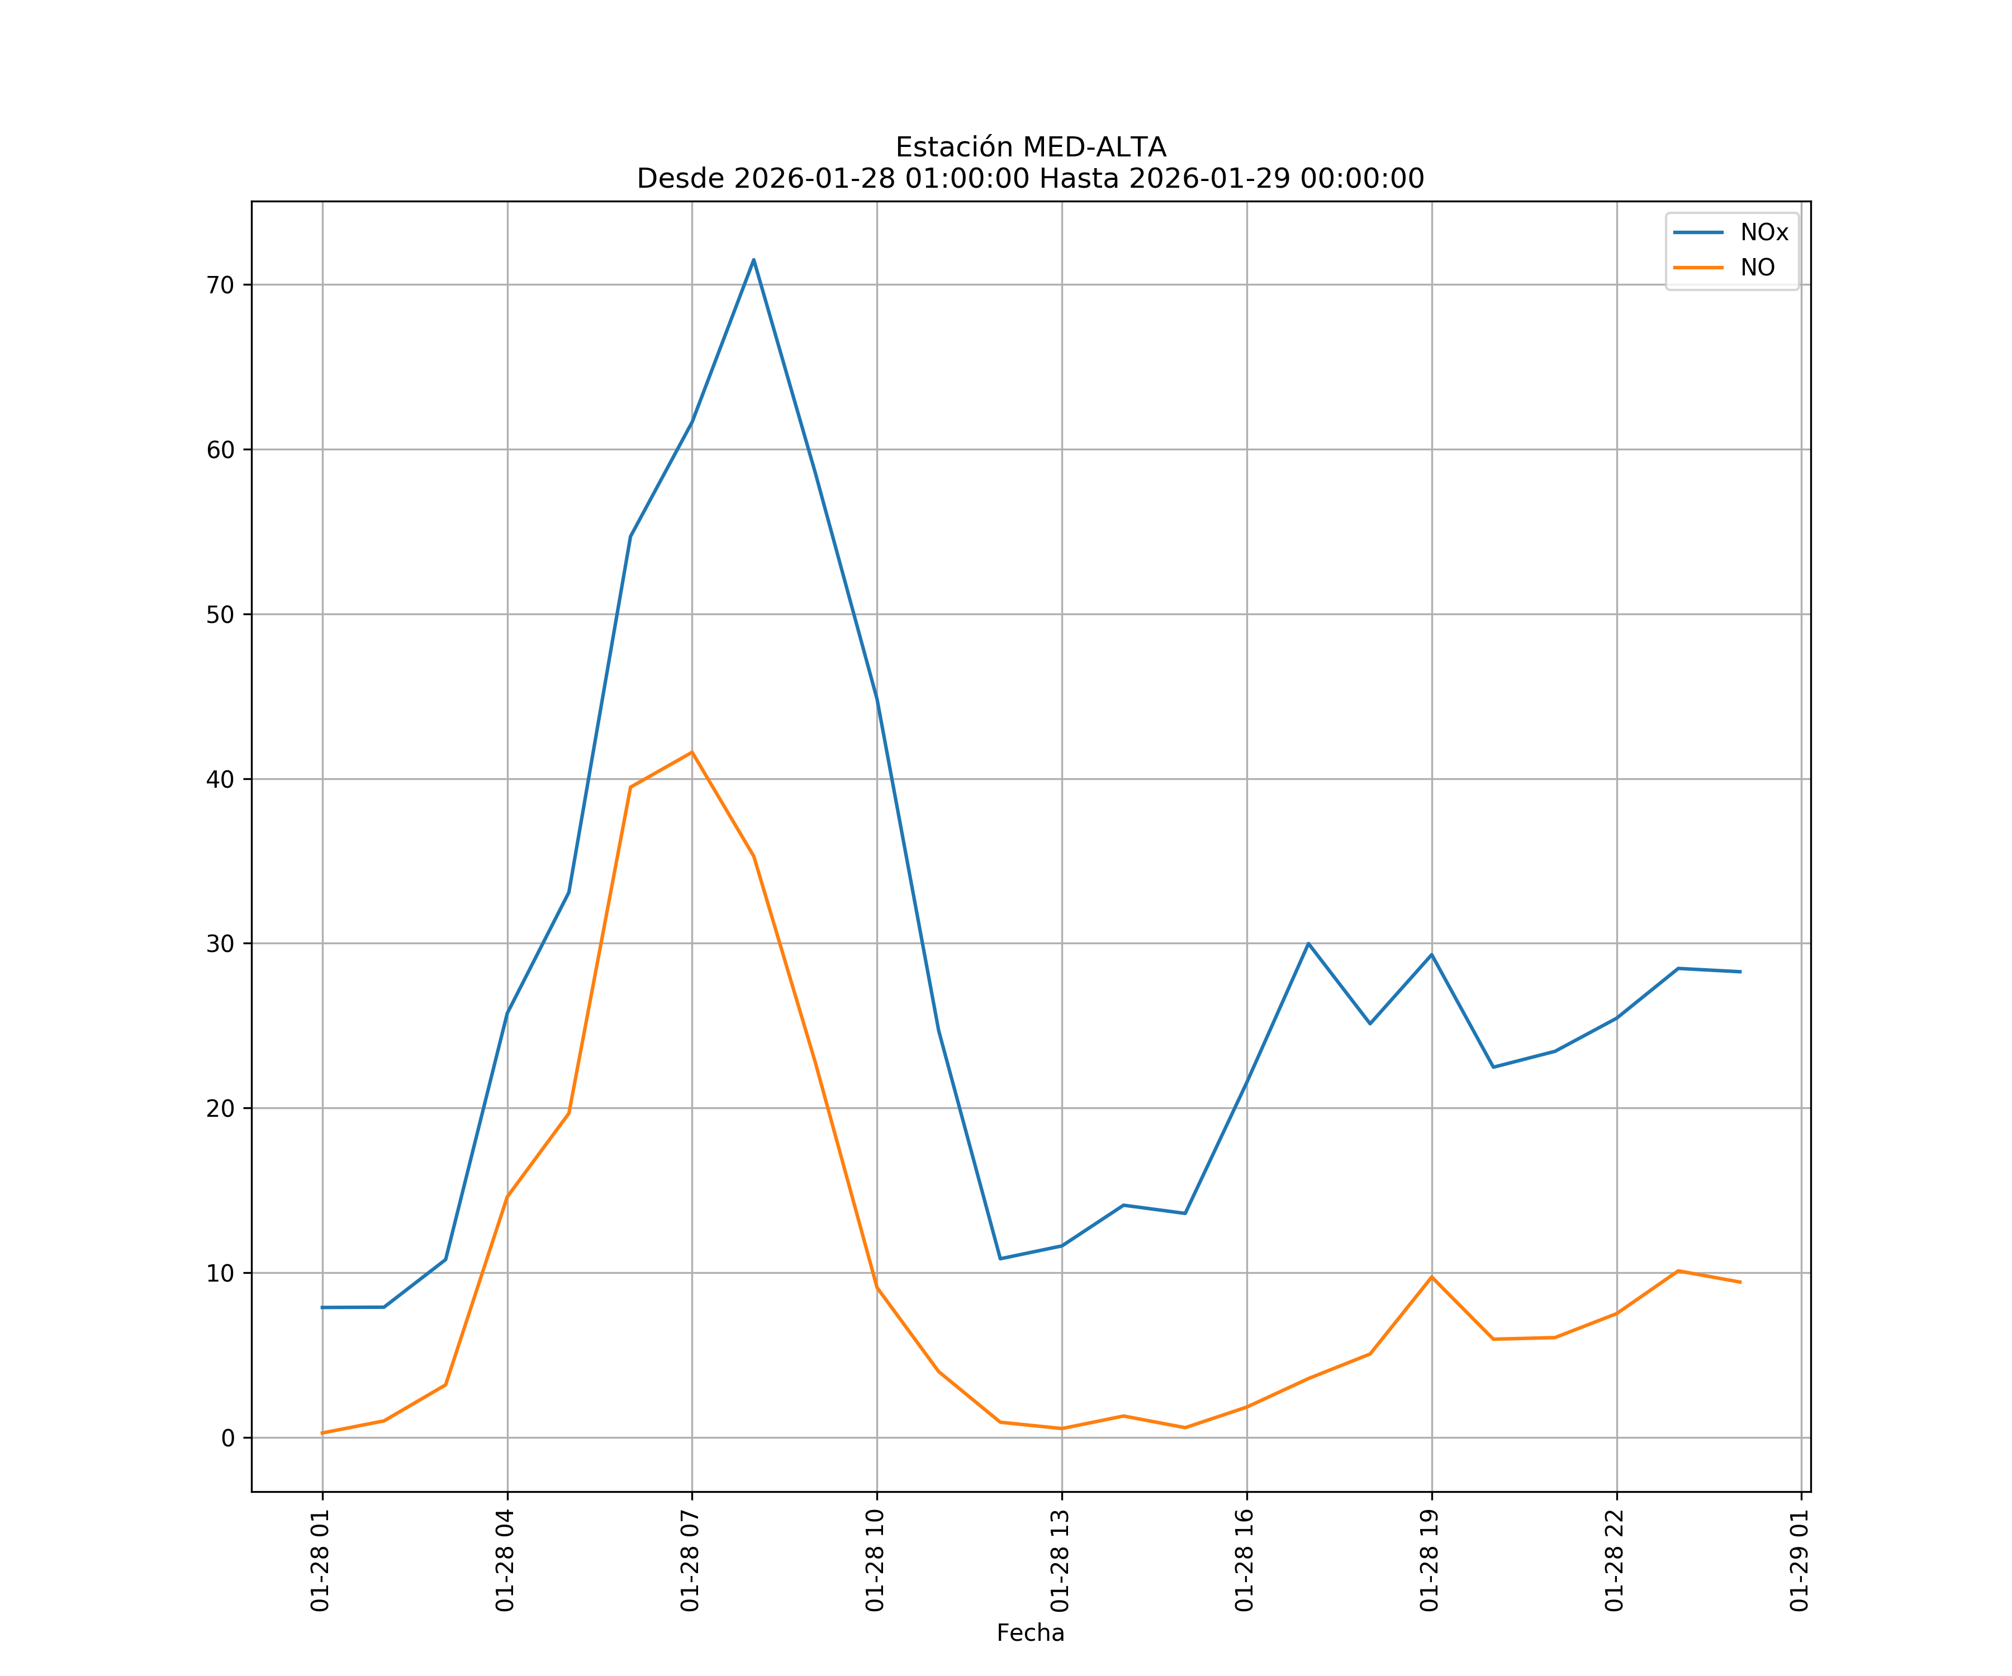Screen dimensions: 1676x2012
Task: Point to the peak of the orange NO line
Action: (x=692, y=752)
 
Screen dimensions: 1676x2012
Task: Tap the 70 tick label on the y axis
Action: (x=220, y=284)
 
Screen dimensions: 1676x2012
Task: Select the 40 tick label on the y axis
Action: (x=220, y=779)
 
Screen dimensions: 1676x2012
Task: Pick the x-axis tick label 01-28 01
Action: (x=320, y=1560)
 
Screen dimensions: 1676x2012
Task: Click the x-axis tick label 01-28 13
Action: (x=1060, y=1560)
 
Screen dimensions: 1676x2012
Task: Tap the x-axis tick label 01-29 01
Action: (x=1799, y=1560)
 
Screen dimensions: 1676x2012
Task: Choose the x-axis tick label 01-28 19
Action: (x=1430, y=1560)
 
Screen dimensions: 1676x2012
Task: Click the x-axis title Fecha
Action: (x=1030, y=1633)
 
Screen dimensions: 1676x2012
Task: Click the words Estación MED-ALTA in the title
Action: (x=1030, y=147)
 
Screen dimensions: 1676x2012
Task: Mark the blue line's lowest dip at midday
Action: (x=1000, y=1259)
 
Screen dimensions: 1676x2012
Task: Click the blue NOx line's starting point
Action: (x=323, y=1307)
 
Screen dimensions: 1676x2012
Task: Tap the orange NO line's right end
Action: (x=1740, y=1282)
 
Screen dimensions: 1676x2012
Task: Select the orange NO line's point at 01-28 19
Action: (x=1431, y=1277)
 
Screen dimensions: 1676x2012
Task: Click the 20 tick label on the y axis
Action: (x=220, y=1108)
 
